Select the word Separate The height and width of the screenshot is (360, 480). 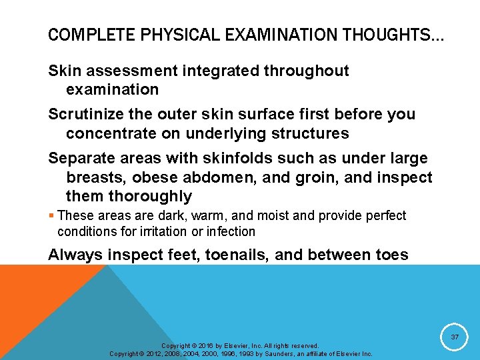pyautogui.click(x=81, y=158)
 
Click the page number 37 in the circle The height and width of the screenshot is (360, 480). pyautogui.click(x=455, y=338)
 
